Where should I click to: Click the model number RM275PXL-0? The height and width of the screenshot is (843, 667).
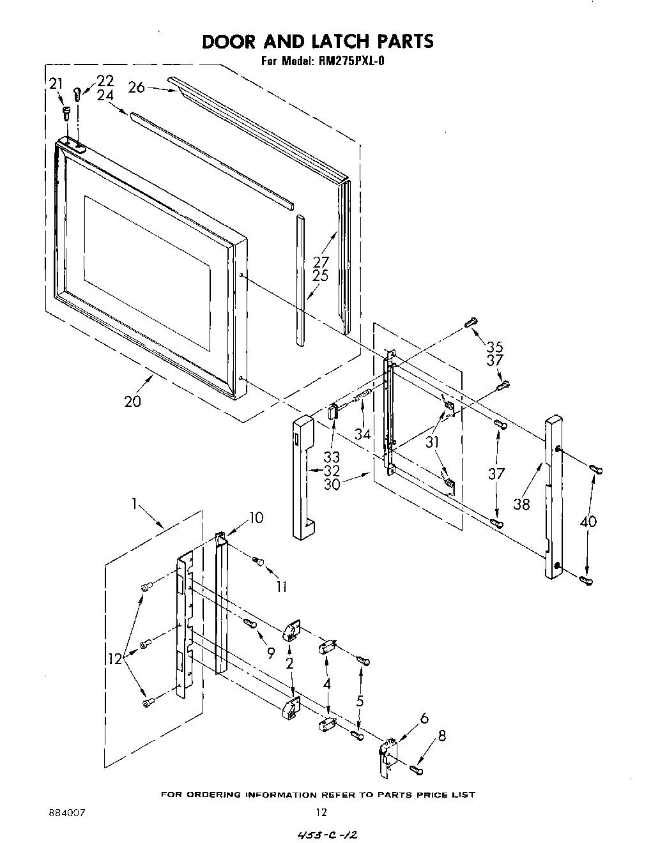pos(349,62)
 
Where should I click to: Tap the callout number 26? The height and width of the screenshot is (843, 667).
pos(137,87)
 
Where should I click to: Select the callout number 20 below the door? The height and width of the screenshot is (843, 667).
pos(133,402)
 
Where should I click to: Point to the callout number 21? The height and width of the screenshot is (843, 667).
pos(56,83)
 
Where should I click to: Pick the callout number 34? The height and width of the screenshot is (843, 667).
pos(363,434)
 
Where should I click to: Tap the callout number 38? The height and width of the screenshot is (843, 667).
pos(521,504)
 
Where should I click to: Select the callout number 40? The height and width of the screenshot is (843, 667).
pos(588,521)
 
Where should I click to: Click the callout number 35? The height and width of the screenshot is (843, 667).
pos(494,347)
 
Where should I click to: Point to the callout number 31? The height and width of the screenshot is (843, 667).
pos(433,441)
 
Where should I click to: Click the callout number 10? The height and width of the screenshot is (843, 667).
pos(256,517)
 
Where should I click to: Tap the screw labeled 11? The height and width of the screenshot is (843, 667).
pos(259,561)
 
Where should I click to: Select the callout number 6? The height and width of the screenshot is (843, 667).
pos(424,718)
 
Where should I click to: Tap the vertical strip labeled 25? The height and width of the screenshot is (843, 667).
pos(300,281)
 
